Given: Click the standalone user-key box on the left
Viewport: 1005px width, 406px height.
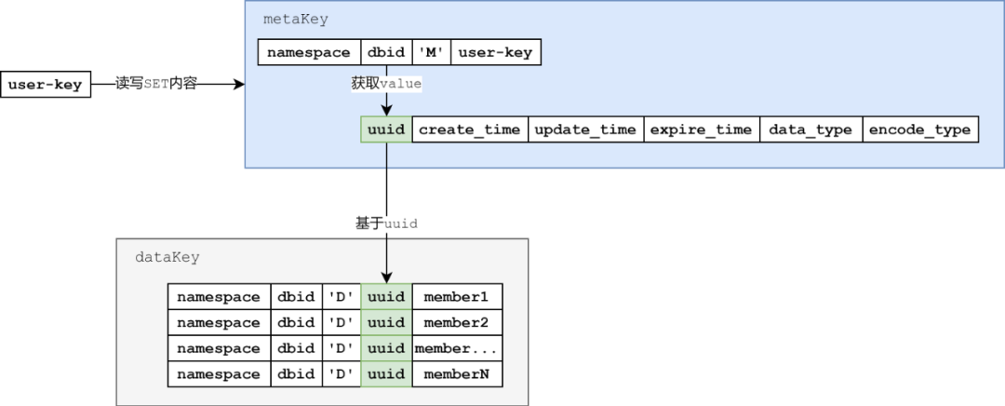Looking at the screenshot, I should pyautogui.click(x=46, y=85).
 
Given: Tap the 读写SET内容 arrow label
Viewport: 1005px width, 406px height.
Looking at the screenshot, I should pyautogui.click(x=155, y=84).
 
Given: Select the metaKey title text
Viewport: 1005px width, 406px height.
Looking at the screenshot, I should pyautogui.click(x=296, y=20).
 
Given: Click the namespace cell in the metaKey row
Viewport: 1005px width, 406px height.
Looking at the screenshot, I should pyautogui.click(x=309, y=52).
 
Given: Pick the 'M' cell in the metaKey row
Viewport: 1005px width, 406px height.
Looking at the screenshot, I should pyautogui.click(x=430, y=52).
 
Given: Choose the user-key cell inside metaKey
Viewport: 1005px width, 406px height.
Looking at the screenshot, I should pyautogui.click(x=495, y=52).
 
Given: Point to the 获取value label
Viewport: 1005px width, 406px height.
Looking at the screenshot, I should pyautogui.click(x=386, y=84).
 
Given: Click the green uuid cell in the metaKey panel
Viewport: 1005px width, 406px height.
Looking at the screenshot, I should pyautogui.click(x=386, y=129).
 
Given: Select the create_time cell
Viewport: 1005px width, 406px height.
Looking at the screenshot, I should pyautogui.click(x=469, y=129).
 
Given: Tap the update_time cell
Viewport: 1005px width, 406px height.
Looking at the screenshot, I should pyautogui.click(x=585, y=129).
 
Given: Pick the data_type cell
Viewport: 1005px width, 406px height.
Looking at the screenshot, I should pyautogui.click(x=811, y=129).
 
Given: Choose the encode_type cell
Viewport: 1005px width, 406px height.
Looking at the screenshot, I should pyautogui.click(x=918, y=129).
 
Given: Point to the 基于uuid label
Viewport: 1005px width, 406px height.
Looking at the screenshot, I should pyautogui.click(x=386, y=223).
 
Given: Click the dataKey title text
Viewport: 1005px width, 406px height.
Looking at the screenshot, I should pyautogui.click(x=167, y=256).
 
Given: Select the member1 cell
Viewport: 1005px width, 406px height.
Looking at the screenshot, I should pyautogui.click(x=456, y=297).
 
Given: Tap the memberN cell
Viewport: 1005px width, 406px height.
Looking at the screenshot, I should pyautogui.click(x=456, y=374).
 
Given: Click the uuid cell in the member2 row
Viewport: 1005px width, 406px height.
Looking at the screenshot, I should pyautogui.click(x=386, y=323).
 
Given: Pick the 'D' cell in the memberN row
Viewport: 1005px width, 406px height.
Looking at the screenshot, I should pyautogui.click(x=342, y=374).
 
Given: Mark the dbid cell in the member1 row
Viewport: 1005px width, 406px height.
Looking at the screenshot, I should pyautogui.click(x=296, y=297).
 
